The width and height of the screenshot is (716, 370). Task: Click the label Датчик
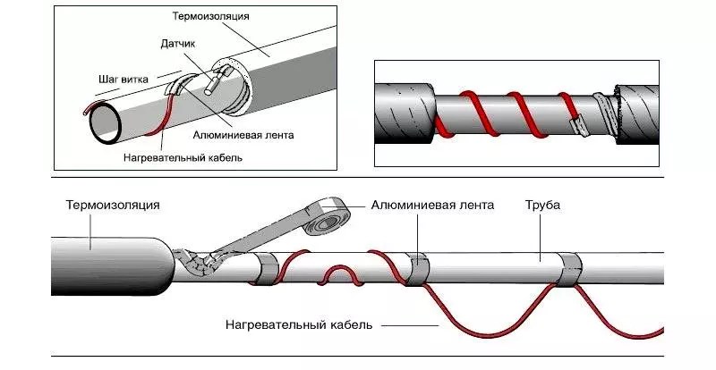pos(177,43)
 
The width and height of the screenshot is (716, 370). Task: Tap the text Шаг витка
pos(124,79)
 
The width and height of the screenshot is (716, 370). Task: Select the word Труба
pos(542,205)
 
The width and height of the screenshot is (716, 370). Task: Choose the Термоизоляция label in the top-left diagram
pos(210,16)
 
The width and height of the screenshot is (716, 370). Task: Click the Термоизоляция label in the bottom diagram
pos(113,205)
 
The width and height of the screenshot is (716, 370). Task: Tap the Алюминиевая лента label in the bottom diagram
pos(432,205)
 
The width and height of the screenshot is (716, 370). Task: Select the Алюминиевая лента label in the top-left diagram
pos(243,135)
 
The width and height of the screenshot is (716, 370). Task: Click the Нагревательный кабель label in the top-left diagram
pos(183,158)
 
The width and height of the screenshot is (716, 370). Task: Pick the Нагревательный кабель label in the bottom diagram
pos(299,324)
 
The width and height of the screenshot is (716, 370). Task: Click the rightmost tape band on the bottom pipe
pos(570,269)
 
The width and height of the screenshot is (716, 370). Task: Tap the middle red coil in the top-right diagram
pos(524,114)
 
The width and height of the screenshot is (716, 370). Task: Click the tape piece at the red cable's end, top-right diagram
pos(579,125)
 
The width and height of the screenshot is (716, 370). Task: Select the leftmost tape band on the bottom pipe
pos(265,270)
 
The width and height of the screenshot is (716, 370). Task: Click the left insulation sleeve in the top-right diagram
pos(405,114)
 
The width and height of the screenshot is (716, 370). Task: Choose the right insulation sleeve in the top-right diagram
pos(637,114)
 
